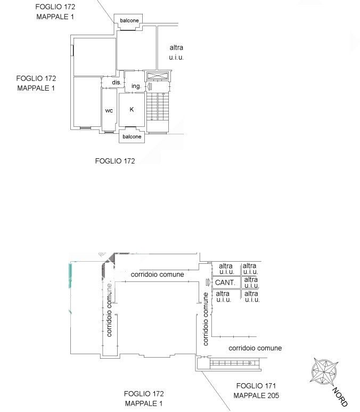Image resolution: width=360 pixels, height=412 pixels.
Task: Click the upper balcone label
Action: pos(129,20)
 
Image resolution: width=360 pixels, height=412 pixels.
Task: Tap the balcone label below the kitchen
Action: pos(132,136)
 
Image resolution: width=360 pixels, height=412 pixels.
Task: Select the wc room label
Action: pos(109,111)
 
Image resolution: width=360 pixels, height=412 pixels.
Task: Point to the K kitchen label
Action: pos(132,109)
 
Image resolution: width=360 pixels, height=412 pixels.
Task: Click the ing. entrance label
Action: pos(136,86)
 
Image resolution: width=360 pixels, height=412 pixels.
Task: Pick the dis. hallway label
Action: pos(116,82)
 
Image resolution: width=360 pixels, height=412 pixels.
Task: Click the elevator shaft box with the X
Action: pos(158,76)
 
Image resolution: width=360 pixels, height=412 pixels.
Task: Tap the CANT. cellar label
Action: pos(225,282)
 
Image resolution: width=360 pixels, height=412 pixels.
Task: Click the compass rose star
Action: pos(323,371)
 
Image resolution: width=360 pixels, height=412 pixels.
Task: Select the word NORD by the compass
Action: pos(340,397)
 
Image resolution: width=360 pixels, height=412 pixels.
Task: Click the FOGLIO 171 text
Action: pos(256,386)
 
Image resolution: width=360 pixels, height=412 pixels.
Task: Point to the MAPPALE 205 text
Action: pos(256,395)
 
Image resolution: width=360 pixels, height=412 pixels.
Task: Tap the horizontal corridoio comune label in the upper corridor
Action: pos(157,274)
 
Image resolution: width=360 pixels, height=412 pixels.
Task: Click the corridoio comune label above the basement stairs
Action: pos(255,348)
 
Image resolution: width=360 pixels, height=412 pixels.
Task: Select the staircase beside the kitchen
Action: pos(157,112)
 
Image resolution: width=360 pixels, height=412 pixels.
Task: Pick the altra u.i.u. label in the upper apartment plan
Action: pos(176,52)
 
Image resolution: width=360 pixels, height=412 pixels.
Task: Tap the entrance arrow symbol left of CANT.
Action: pos(208,282)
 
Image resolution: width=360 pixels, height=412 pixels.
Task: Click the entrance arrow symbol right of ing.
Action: pos(150,86)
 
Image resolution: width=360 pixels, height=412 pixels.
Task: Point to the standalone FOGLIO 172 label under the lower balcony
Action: pos(115,161)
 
